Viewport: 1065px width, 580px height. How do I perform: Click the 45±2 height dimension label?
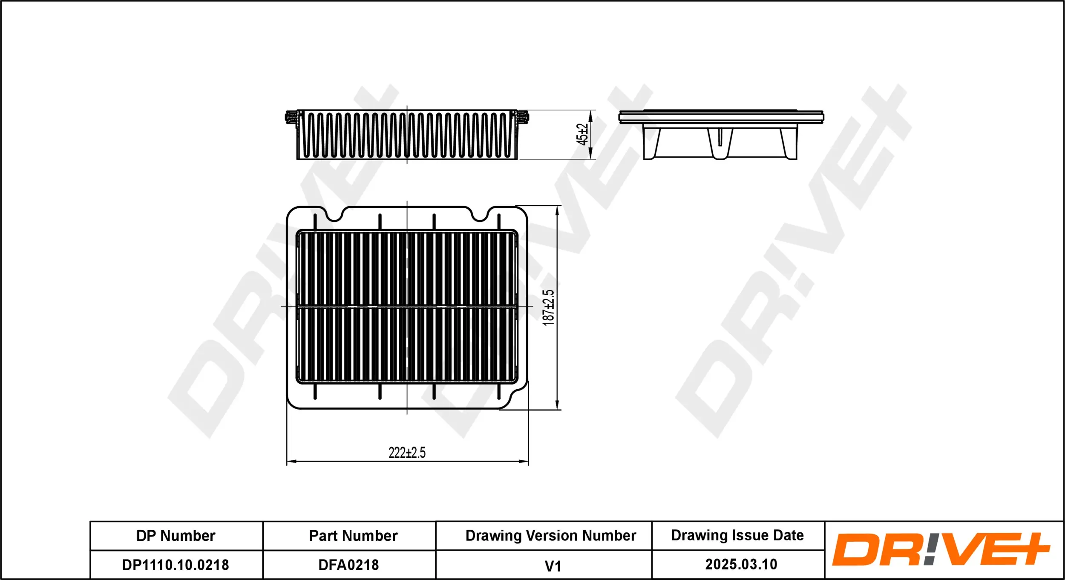point(582,135)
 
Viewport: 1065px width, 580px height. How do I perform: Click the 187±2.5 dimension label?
point(548,308)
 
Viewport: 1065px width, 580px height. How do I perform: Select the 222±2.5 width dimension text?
point(407,452)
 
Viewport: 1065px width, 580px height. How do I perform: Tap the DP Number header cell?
point(176,536)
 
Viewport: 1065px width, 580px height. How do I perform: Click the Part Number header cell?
point(353,536)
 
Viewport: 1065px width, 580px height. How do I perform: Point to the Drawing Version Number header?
point(550,535)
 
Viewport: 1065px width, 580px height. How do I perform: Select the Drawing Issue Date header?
point(737,535)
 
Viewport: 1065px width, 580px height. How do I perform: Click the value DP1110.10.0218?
point(176,565)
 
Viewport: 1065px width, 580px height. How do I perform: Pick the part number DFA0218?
point(348,565)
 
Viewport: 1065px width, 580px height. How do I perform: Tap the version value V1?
point(553,566)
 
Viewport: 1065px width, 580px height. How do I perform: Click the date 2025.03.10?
point(741,564)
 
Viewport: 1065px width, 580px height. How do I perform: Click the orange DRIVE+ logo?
point(940,549)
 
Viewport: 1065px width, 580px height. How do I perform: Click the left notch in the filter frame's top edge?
point(335,215)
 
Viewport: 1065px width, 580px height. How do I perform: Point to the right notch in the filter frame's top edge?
point(481,215)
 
